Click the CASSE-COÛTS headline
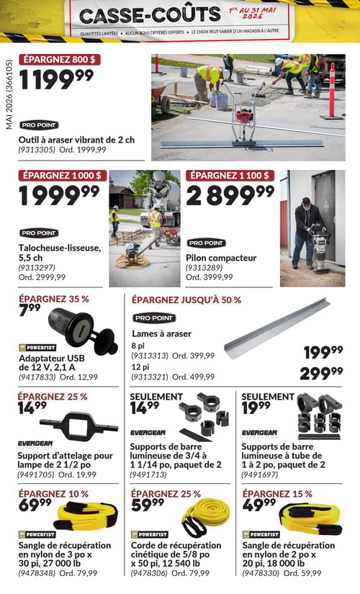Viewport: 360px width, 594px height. click(150, 14)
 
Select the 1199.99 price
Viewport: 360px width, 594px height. click(55, 79)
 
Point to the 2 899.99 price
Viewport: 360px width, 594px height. click(230, 195)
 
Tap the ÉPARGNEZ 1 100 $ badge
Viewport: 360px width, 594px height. click(230, 175)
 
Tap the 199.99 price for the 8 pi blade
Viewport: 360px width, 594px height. click(323, 352)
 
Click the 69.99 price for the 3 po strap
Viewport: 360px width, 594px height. click(35, 505)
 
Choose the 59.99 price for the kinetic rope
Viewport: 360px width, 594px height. click(147, 505)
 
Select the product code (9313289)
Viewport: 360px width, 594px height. click(206, 267)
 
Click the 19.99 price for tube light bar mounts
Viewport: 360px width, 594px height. click(258, 408)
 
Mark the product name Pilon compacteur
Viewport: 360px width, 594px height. click(221, 257)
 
